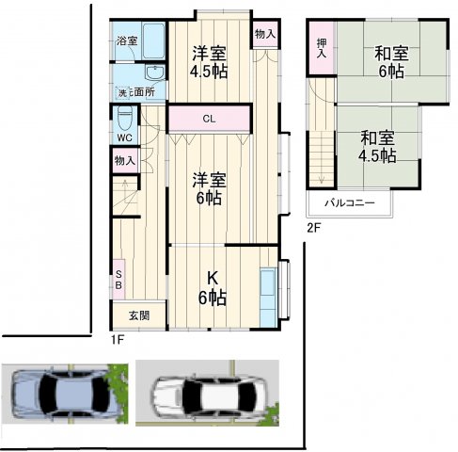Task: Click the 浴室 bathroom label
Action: (x=127, y=41)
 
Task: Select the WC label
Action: (x=123, y=137)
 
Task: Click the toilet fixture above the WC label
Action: (x=123, y=119)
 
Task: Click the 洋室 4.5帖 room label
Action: (x=210, y=60)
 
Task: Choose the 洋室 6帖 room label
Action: (x=209, y=188)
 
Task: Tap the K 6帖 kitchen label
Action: (x=213, y=286)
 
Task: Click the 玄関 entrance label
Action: (x=138, y=315)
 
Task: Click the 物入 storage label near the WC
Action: (x=124, y=161)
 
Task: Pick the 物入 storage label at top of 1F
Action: (x=265, y=34)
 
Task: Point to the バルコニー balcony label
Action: (x=350, y=202)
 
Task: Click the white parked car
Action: (x=207, y=394)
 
